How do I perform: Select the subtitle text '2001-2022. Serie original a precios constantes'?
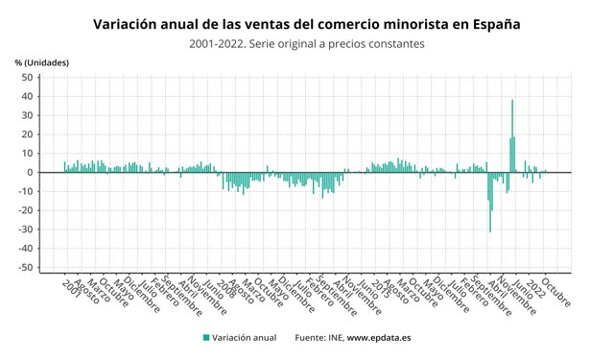pos(307,43)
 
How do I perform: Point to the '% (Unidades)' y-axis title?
pos(42,62)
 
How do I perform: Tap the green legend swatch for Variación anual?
pos(206,338)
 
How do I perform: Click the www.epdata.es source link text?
pos(380,338)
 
